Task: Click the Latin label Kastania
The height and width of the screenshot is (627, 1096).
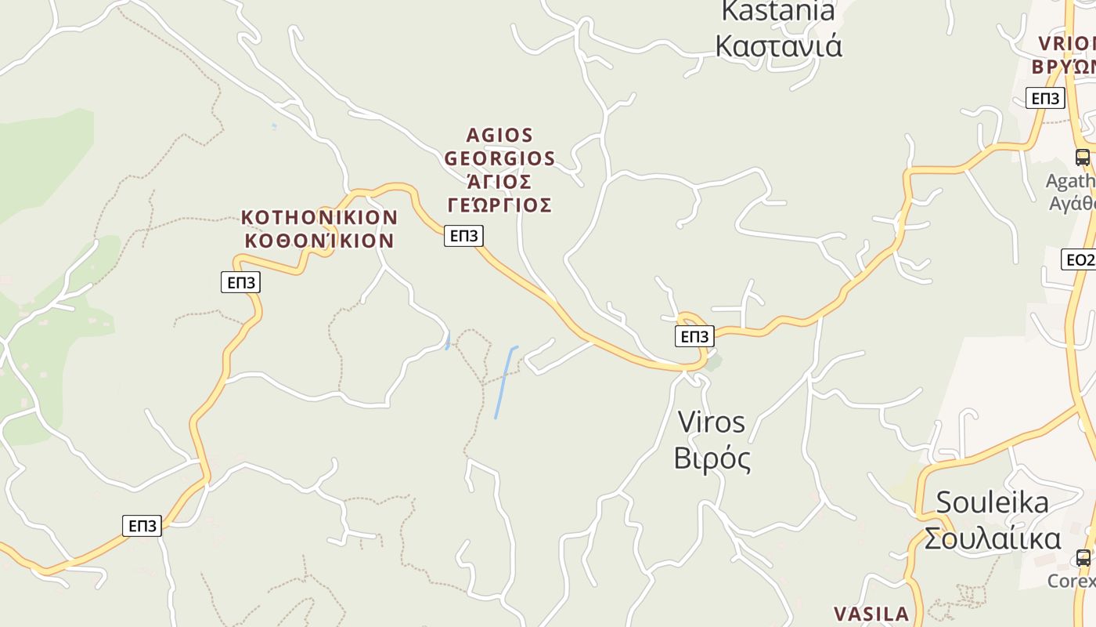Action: (x=777, y=11)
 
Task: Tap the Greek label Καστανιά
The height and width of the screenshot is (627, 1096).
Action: (x=778, y=46)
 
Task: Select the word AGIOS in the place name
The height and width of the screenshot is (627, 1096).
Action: (x=499, y=136)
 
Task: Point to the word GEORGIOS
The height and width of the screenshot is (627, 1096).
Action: (x=499, y=158)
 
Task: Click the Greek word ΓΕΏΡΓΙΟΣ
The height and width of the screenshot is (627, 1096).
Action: (x=499, y=205)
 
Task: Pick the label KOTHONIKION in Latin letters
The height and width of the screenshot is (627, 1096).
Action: (x=319, y=217)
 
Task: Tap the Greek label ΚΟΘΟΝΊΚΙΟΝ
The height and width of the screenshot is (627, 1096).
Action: (x=319, y=241)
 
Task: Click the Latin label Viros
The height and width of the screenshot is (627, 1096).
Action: (x=711, y=422)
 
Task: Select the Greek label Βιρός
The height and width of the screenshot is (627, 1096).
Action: (x=712, y=458)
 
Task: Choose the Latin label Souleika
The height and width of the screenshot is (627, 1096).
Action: (x=992, y=502)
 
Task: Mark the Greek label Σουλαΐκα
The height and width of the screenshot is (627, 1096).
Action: (x=992, y=538)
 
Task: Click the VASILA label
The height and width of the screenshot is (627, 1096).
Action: (x=871, y=614)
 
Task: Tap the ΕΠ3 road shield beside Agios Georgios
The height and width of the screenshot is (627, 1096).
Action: (x=463, y=235)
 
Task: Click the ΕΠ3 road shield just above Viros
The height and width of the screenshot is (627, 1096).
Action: (x=694, y=336)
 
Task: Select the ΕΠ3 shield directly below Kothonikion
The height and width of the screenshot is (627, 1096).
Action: (x=240, y=282)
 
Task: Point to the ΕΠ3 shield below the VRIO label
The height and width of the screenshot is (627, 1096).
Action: (x=1045, y=98)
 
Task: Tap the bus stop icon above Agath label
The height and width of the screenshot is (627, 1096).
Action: (x=1082, y=157)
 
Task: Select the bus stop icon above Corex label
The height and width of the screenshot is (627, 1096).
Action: (x=1083, y=558)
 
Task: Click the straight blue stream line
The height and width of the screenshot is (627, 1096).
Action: (x=505, y=382)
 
